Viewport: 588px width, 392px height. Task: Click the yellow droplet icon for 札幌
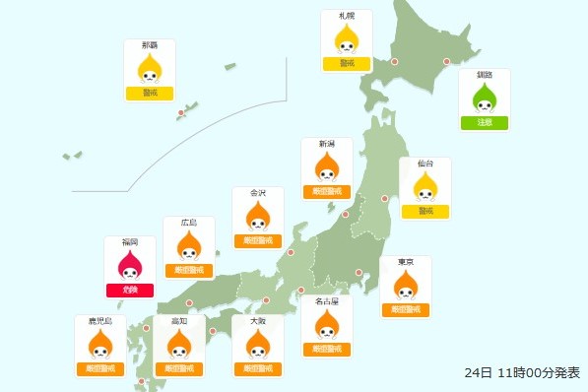click(x=347, y=40)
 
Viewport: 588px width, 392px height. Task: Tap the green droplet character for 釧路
click(x=485, y=98)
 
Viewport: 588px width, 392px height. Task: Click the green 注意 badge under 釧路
click(x=485, y=123)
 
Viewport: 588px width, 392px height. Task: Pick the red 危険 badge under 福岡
click(x=130, y=290)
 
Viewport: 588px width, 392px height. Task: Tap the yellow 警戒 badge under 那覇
click(x=150, y=94)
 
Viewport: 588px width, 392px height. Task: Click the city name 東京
click(x=405, y=262)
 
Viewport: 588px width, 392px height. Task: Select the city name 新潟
click(x=327, y=144)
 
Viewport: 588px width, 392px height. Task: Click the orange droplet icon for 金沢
click(x=258, y=217)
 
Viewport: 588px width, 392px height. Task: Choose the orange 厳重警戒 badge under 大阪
click(x=258, y=369)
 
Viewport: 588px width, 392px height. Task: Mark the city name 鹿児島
click(x=100, y=321)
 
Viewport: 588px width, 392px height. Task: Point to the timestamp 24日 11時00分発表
click(x=522, y=373)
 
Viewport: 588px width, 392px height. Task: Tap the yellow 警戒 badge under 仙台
click(x=425, y=211)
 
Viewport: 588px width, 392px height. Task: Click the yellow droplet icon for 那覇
click(x=150, y=69)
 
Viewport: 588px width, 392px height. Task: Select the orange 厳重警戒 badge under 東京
click(x=405, y=309)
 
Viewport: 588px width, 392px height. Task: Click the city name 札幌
click(x=347, y=17)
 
